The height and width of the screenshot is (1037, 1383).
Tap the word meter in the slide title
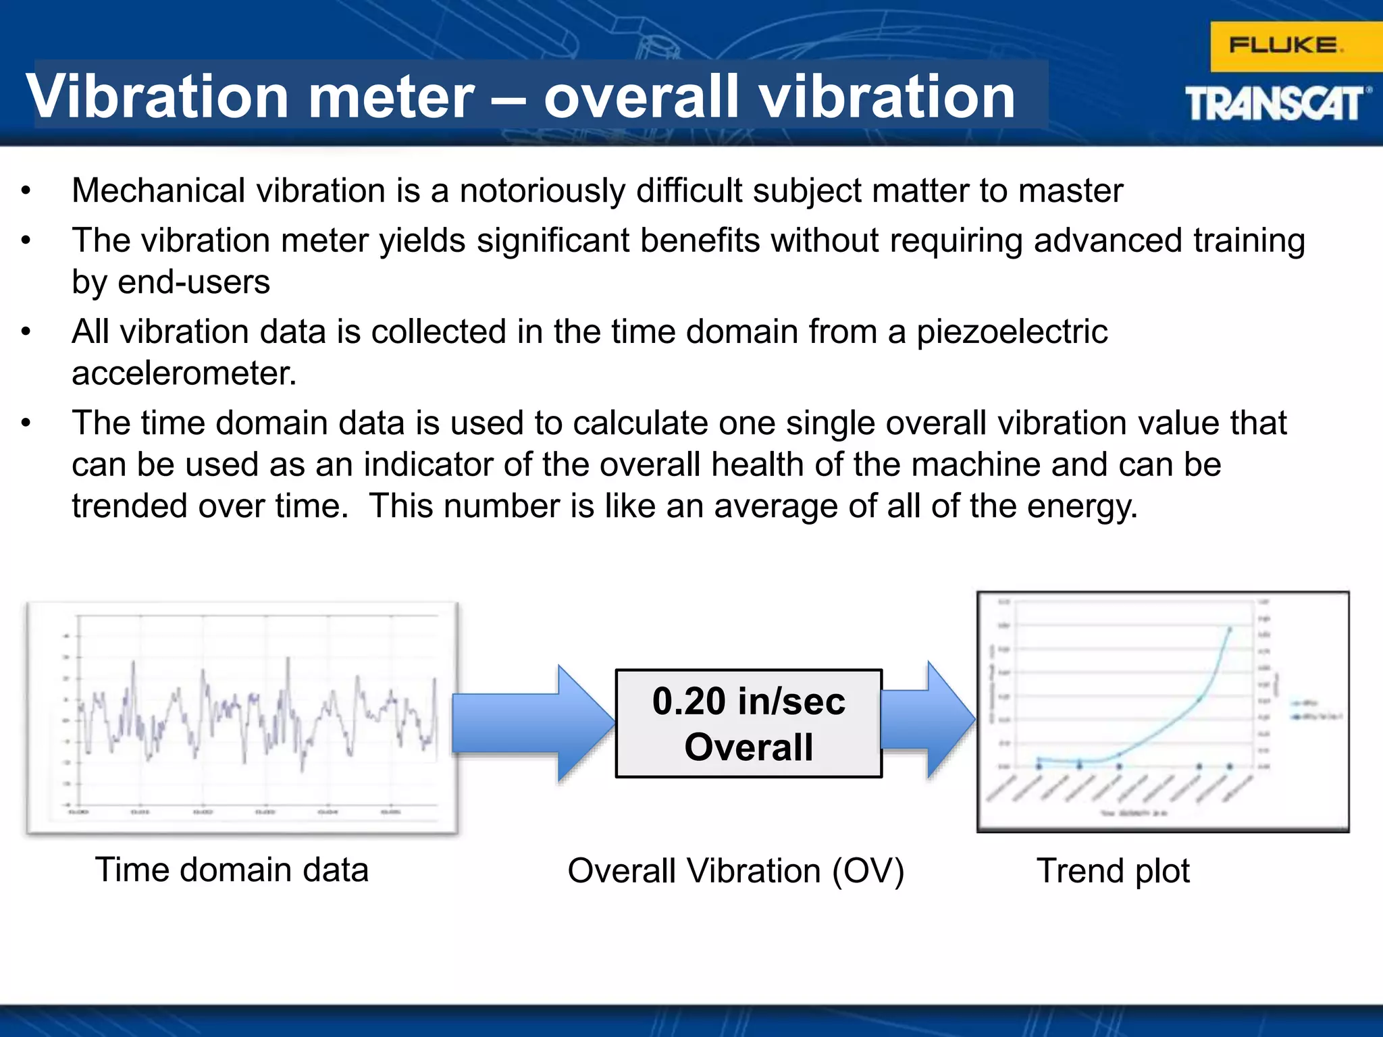tap(392, 97)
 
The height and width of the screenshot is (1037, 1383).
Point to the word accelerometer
tap(184, 373)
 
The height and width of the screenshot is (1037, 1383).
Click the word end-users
tap(194, 282)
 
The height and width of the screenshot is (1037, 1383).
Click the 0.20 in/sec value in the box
tap(748, 701)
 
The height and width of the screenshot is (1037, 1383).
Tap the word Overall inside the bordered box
tap(748, 747)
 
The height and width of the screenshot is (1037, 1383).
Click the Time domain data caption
tap(232, 870)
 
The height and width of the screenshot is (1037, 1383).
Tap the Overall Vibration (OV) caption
tap(735, 871)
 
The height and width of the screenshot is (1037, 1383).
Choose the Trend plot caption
tap(1112, 871)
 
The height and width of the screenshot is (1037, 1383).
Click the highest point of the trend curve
tap(1229, 629)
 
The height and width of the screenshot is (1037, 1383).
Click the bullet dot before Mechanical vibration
tap(26, 191)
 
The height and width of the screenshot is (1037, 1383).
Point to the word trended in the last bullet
tap(129, 506)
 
